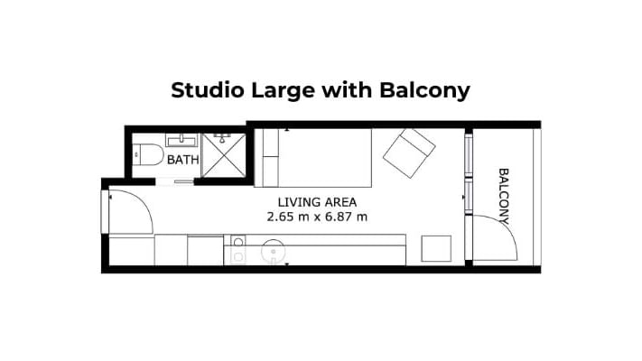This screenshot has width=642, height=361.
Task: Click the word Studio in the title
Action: coord(207,90)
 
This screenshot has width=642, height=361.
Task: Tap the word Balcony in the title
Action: coord(424,91)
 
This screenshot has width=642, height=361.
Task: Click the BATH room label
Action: coord(183,160)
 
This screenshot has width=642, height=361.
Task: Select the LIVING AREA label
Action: coord(317,202)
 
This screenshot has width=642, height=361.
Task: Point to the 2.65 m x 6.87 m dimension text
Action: coord(317,217)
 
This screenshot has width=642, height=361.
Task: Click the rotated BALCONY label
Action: coord(504,197)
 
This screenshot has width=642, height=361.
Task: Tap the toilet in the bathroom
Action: coord(148,154)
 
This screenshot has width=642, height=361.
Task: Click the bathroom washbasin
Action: coord(181,140)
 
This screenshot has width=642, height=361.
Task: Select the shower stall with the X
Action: coord(224,155)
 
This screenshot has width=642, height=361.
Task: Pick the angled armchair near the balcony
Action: coord(409,153)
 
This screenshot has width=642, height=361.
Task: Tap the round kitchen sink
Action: coord(273,251)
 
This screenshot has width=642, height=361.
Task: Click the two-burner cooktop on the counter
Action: coord(238,250)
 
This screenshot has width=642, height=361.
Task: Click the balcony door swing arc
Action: coord(506,227)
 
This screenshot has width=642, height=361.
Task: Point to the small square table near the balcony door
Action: coord(436,248)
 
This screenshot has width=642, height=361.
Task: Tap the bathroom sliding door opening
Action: coord(174,181)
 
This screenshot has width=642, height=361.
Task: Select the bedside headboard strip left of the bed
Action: coord(270,158)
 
